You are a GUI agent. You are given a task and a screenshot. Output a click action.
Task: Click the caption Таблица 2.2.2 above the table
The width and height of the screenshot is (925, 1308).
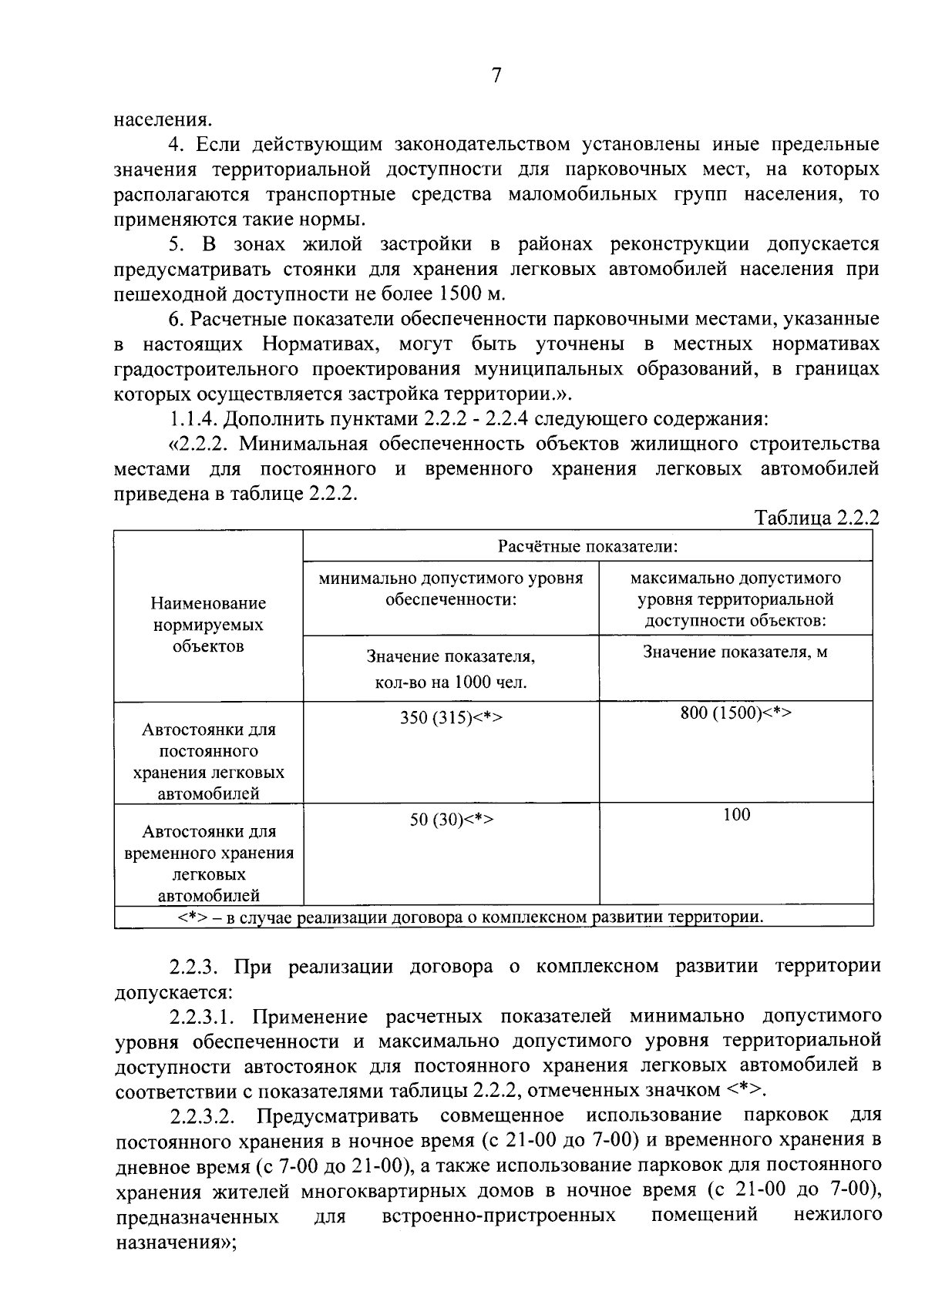(816, 518)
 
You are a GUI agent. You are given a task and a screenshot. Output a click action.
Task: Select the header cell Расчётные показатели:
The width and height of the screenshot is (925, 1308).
(587, 546)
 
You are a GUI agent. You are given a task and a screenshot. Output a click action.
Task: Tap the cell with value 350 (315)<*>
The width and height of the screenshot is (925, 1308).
(451, 717)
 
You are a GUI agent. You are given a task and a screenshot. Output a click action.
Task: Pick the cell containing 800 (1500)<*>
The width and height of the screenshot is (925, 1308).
(735, 713)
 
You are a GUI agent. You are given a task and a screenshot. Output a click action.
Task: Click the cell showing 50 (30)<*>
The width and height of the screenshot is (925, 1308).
(451, 820)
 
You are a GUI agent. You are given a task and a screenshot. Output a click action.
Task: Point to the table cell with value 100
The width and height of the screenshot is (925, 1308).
(736, 815)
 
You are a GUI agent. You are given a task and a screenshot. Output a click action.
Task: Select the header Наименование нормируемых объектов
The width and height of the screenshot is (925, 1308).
(208, 625)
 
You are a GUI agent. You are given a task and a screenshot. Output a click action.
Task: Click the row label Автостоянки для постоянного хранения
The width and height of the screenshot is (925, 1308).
(208, 761)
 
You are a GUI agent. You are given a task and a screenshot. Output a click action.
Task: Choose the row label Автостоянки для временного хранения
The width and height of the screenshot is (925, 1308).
(208, 864)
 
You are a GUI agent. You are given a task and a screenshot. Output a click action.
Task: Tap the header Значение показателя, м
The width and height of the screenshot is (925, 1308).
(735, 652)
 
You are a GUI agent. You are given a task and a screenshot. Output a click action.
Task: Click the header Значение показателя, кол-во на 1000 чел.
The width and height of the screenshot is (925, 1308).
(451, 669)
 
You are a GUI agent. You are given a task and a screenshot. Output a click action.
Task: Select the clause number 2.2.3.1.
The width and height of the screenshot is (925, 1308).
(202, 1016)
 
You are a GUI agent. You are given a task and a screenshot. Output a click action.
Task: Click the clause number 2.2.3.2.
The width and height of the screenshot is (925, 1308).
(202, 1116)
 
